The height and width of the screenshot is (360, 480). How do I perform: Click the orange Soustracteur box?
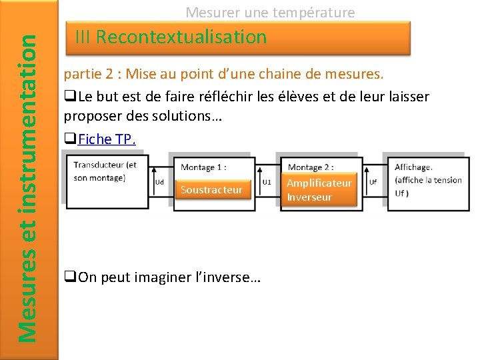(211, 190)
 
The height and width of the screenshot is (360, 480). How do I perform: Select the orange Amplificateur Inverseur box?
(319, 189)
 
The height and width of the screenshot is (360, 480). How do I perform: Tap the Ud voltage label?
(159, 182)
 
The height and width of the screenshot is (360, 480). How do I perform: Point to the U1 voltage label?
(267, 181)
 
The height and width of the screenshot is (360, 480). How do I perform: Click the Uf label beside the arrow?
(373, 181)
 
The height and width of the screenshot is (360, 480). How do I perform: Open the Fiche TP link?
(107, 139)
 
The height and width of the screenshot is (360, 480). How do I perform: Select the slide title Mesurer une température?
(270, 12)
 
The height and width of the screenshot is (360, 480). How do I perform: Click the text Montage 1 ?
(203, 167)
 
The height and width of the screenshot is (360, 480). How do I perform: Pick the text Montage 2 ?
(311, 167)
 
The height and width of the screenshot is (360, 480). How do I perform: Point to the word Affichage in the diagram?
(413, 167)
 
